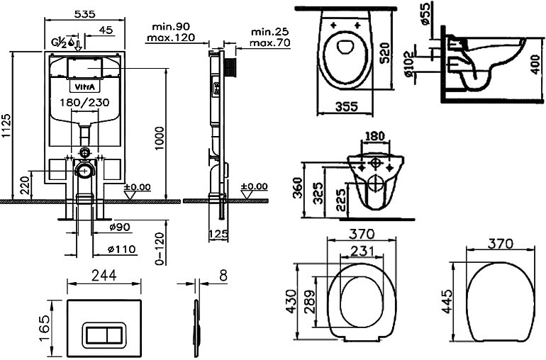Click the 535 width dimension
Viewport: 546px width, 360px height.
coord(85,14)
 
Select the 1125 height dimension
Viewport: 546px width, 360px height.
coord(6,125)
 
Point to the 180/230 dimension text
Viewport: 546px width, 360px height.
coord(84,103)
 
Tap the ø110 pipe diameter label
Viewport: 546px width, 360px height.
coord(121,249)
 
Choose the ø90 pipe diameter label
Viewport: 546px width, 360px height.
coord(119,227)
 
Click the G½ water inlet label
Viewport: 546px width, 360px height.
coord(59,43)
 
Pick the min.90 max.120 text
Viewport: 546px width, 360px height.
coord(171,32)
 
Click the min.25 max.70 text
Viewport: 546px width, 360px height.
coord(270,38)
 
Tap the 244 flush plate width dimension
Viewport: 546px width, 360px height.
coord(104,276)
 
